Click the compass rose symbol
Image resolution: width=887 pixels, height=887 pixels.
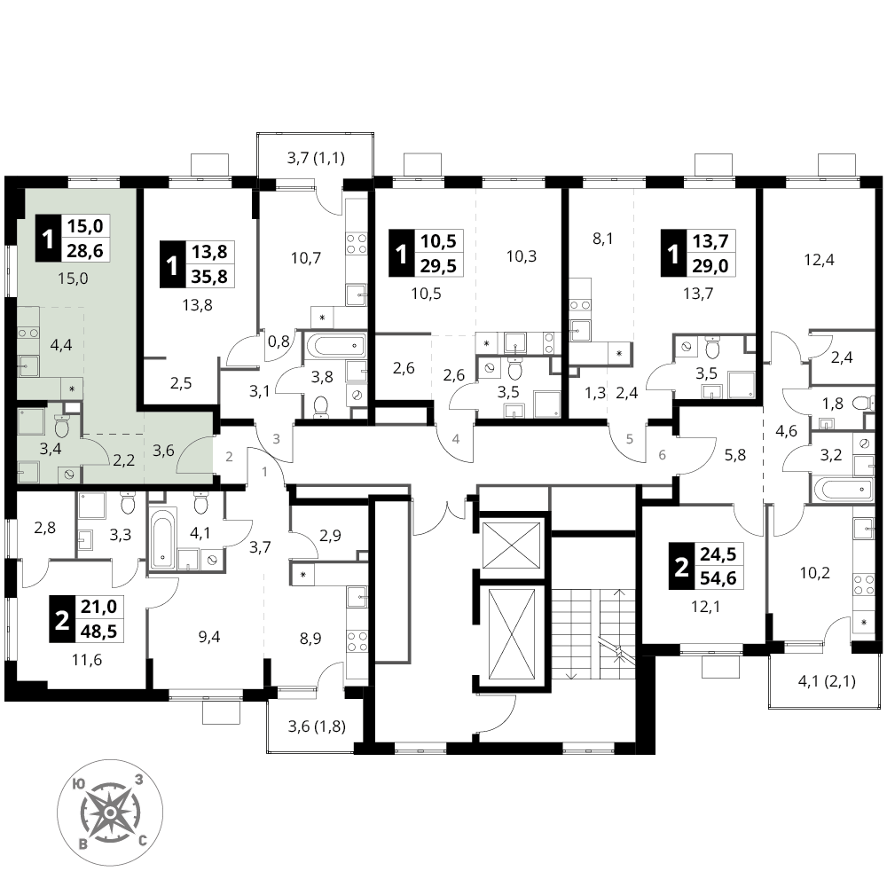(x=110, y=812)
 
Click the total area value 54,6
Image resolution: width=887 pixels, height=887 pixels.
(x=718, y=578)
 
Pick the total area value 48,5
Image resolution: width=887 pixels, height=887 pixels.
(x=99, y=631)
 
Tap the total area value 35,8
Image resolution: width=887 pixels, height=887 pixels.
(x=209, y=276)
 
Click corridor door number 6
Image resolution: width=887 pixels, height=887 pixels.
(x=663, y=454)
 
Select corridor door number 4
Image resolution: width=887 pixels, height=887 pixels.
(x=456, y=439)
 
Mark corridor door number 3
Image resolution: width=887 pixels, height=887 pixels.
(x=277, y=439)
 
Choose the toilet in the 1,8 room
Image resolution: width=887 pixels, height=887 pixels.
(x=860, y=404)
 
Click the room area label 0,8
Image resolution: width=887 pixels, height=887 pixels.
(x=279, y=341)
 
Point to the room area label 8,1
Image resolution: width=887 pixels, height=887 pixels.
(x=603, y=239)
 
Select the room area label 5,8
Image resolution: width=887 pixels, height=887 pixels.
(x=734, y=455)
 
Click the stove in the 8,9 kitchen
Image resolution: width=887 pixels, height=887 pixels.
(x=357, y=641)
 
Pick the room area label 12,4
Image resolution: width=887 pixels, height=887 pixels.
(x=819, y=260)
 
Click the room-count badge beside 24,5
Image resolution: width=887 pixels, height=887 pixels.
(x=681, y=566)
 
